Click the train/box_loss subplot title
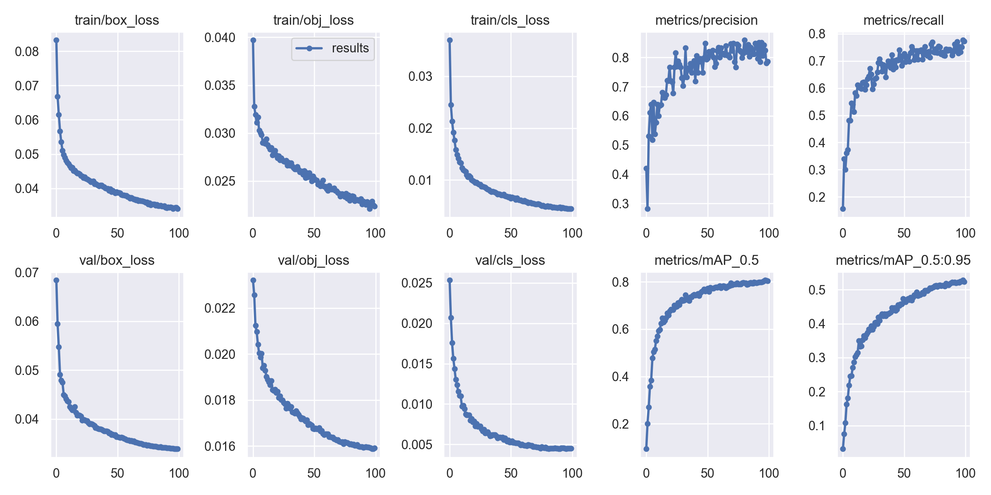point(117,20)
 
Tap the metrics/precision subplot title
point(706,20)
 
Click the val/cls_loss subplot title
point(510,260)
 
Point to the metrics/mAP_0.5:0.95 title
point(903,260)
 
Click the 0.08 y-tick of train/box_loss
point(27,52)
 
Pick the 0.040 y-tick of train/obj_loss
point(220,38)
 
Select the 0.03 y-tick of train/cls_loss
point(420,76)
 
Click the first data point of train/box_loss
point(56,40)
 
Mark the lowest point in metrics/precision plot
point(647,209)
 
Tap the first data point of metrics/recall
point(843,209)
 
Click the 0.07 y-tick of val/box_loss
point(27,273)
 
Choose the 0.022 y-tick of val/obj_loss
point(220,308)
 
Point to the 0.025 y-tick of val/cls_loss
point(417,283)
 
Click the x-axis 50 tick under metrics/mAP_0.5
point(707,473)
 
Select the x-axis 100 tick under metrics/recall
point(965,233)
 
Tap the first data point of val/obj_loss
point(253,280)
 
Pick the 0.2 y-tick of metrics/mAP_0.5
point(620,424)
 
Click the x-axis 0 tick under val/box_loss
point(56,473)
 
